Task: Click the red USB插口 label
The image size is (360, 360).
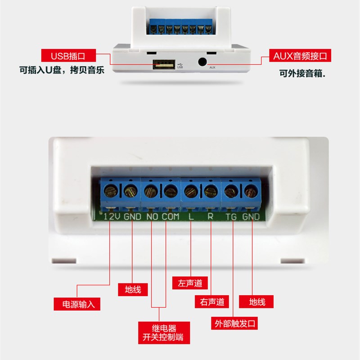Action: click(x=68, y=56)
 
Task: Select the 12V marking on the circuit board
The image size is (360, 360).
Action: click(x=111, y=216)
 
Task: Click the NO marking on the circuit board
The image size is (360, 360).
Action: click(x=151, y=216)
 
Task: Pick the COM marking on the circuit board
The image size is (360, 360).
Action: click(x=170, y=216)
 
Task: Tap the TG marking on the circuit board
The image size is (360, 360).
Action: click(x=231, y=216)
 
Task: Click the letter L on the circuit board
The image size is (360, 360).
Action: click(x=191, y=216)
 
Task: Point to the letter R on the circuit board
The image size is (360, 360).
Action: click(x=210, y=216)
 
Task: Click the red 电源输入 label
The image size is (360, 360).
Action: click(x=77, y=304)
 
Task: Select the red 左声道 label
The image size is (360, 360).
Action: click(x=190, y=283)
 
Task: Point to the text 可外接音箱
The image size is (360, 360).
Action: click(x=302, y=72)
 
